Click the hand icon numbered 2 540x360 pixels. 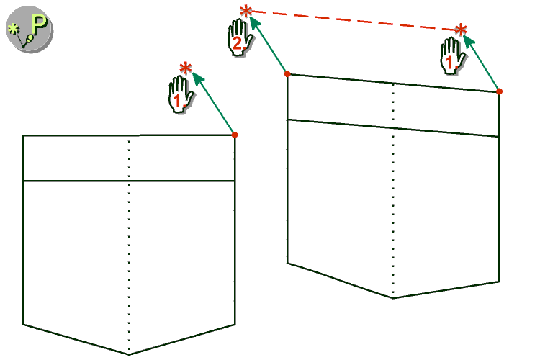240,37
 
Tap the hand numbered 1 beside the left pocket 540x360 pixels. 181,94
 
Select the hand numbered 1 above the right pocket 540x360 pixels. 453,56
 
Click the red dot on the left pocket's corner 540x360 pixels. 235,135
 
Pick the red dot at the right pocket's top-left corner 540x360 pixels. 287,73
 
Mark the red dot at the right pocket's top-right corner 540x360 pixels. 500,91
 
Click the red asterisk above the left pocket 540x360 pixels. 186,68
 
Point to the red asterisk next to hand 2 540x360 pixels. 246,12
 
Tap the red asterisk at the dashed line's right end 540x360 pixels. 461,30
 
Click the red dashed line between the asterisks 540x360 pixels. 354,21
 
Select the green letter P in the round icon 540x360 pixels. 39,24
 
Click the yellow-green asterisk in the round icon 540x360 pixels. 13,30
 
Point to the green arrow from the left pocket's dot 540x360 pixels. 214,104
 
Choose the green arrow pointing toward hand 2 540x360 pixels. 269,45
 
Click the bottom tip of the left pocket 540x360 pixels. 129,354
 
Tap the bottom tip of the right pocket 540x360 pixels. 394,298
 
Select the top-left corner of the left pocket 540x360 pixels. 23,136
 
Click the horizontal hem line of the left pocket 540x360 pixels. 129,181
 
